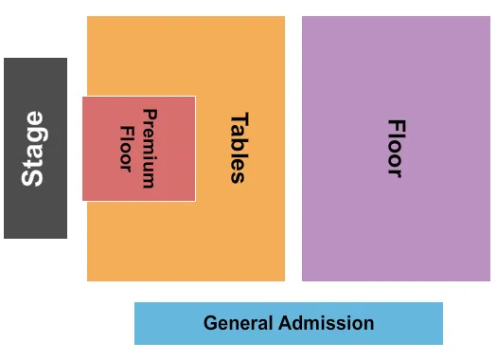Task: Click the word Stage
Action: (x=33, y=149)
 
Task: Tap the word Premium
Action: (x=149, y=149)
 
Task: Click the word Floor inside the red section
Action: (x=126, y=149)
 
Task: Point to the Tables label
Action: (x=239, y=149)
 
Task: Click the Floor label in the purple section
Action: (x=396, y=149)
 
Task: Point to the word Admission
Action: (x=327, y=323)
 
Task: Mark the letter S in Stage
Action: (x=33, y=177)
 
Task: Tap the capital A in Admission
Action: (x=286, y=323)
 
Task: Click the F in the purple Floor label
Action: (x=396, y=125)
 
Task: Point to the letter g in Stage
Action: (x=35, y=135)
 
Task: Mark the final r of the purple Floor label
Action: (x=396, y=172)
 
